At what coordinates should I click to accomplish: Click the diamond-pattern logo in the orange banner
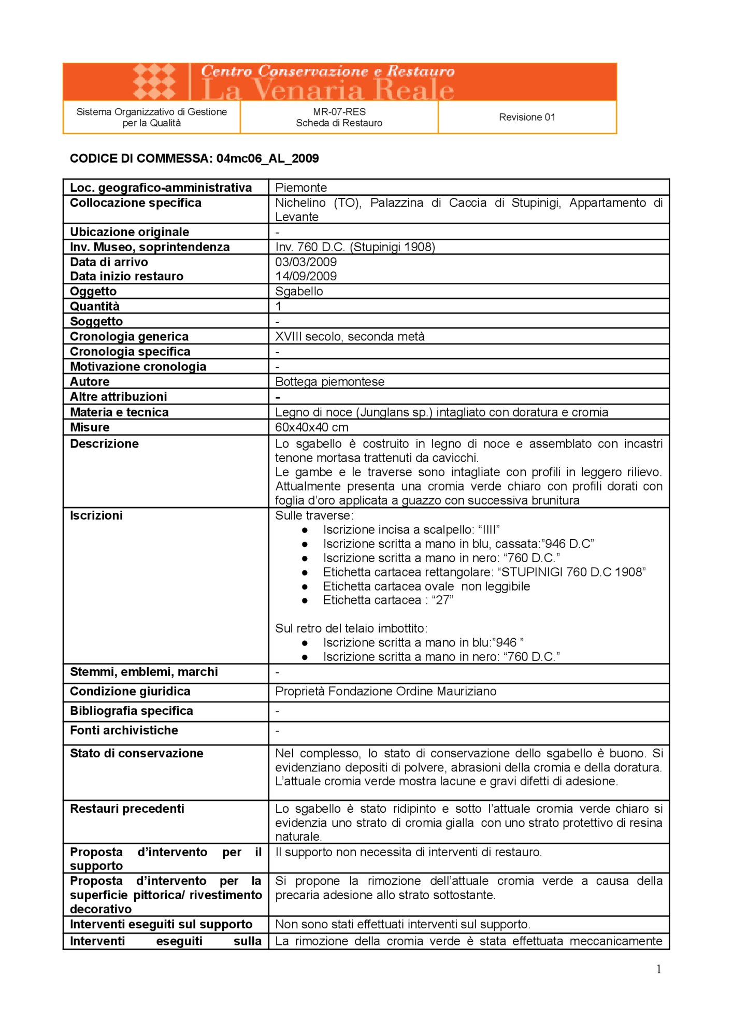[x=154, y=81]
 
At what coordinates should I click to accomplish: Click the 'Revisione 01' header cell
[x=527, y=117]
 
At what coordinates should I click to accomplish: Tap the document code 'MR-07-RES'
[x=339, y=111]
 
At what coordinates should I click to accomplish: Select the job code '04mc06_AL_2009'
[x=267, y=159]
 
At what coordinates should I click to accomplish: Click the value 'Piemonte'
[x=301, y=188]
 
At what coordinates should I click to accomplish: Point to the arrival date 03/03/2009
[x=306, y=262]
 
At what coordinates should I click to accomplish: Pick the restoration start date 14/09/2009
[x=306, y=276]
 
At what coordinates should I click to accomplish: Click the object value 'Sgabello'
[x=299, y=291]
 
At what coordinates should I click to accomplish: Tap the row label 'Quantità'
[x=95, y=306]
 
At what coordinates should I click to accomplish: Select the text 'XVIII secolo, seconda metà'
[x=350, y=337]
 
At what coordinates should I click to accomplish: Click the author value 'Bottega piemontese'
[x=329, y=382]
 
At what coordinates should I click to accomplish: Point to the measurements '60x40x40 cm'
[x=311, y=427]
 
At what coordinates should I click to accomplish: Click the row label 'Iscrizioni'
[x=96, y=515]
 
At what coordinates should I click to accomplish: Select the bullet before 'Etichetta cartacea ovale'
[x=305, y=586]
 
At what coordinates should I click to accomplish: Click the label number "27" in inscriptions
[x=442, y=600]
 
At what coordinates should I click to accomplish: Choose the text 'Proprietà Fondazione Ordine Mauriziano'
[x=385, y=692]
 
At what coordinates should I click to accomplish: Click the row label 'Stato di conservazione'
[x=137, y=754]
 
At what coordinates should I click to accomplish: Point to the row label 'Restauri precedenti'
[x=127, y=809]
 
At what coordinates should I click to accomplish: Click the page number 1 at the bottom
[x=658, y=970]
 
